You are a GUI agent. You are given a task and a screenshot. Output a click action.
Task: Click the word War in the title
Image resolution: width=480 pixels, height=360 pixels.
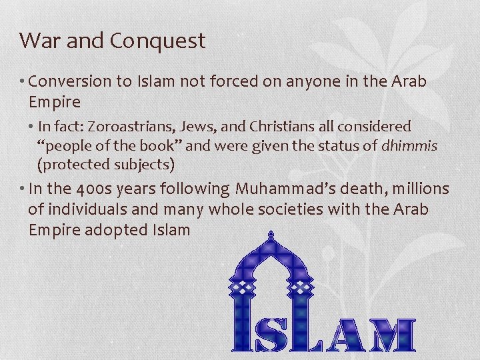39,41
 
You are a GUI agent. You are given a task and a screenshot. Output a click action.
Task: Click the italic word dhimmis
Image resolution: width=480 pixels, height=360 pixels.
409,145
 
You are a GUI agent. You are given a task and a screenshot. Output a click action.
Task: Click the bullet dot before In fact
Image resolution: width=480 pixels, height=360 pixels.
31,126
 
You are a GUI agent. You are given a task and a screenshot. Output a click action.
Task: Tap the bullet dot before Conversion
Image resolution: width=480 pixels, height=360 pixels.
23,82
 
